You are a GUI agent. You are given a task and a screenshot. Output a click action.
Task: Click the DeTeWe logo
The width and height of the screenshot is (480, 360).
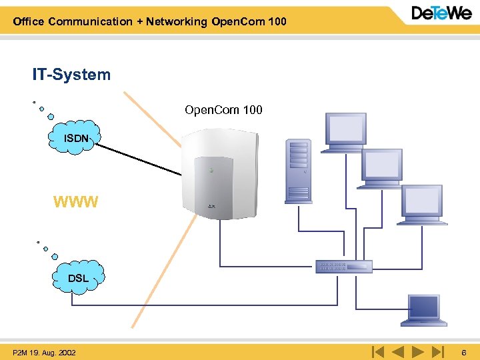(x=441, y=13)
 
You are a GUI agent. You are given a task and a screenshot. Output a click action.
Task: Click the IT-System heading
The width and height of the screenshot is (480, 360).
(x=71, y=75)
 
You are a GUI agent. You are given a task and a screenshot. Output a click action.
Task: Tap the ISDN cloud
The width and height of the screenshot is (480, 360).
(x=75, y=137)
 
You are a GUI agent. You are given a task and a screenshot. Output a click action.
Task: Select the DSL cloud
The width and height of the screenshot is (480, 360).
(x=79, y=277)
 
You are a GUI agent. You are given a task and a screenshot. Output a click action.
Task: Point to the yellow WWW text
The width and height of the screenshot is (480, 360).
(x=75, y=202)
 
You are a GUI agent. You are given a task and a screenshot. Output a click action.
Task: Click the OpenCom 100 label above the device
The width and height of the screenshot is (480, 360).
(x=223, y=109)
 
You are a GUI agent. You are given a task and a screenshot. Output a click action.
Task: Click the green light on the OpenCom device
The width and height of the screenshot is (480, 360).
(x=211, y=170)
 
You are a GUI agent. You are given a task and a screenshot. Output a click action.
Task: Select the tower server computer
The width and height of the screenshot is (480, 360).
(x=299, y=171)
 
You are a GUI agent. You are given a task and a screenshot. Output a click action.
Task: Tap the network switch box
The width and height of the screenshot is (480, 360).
(x=344, y=266)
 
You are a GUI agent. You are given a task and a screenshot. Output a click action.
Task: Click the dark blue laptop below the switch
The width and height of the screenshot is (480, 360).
(x=424, y=311)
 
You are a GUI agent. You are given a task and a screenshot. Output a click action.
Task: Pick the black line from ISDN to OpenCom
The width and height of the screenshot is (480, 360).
(x=139, y=159)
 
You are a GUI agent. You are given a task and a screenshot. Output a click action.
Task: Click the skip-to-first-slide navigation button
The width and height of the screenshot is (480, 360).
(x=378, y=352)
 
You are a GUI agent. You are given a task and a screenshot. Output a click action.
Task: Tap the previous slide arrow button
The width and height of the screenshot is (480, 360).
(x=398, y=352)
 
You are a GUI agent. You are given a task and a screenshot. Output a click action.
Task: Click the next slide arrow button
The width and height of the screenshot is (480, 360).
(x=418, y=352)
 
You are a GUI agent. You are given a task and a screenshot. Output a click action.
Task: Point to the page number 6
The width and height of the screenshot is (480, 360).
(x=464, y=353)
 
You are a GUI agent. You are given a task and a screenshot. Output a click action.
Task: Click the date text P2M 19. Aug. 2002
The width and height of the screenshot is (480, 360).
(x=44, y=353)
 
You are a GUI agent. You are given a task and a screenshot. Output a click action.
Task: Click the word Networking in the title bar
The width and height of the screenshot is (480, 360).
(x=176, y=22)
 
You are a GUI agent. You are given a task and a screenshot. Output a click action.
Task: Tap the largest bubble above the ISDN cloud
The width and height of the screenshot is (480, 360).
(x=51, y=117)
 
